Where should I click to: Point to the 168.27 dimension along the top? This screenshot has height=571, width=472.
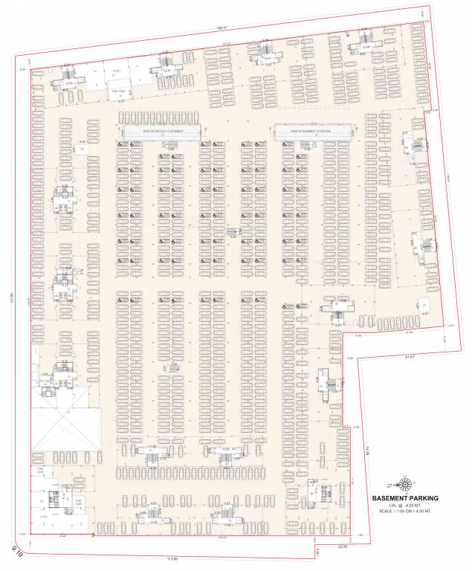(220, 28)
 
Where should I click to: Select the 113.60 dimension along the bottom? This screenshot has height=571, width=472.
(174, 558)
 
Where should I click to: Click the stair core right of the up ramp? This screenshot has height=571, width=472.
(412, 143)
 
